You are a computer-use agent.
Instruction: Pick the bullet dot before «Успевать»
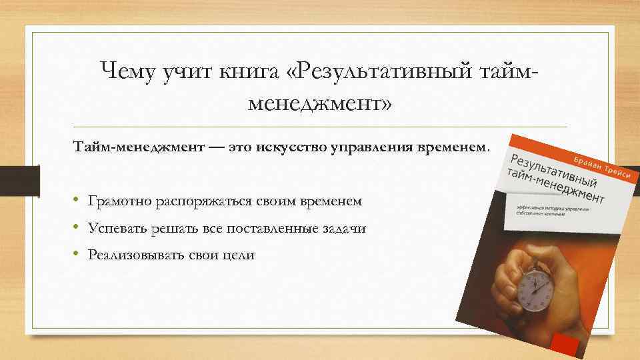tap(77, 228)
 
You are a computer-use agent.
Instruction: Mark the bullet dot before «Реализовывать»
tap(77, 255)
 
